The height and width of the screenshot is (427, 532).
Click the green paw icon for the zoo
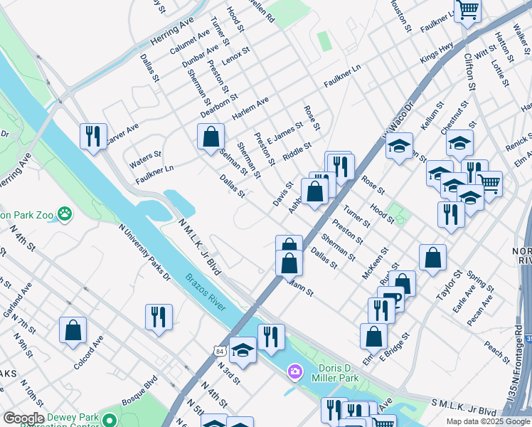click(65, 213)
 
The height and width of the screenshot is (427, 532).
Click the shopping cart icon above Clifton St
click(468, 10)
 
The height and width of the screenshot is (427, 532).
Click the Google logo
click(23, 418)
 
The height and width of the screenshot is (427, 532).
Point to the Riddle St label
click(297, 151)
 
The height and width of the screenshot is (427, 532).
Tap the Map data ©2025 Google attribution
click(487, 421)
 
